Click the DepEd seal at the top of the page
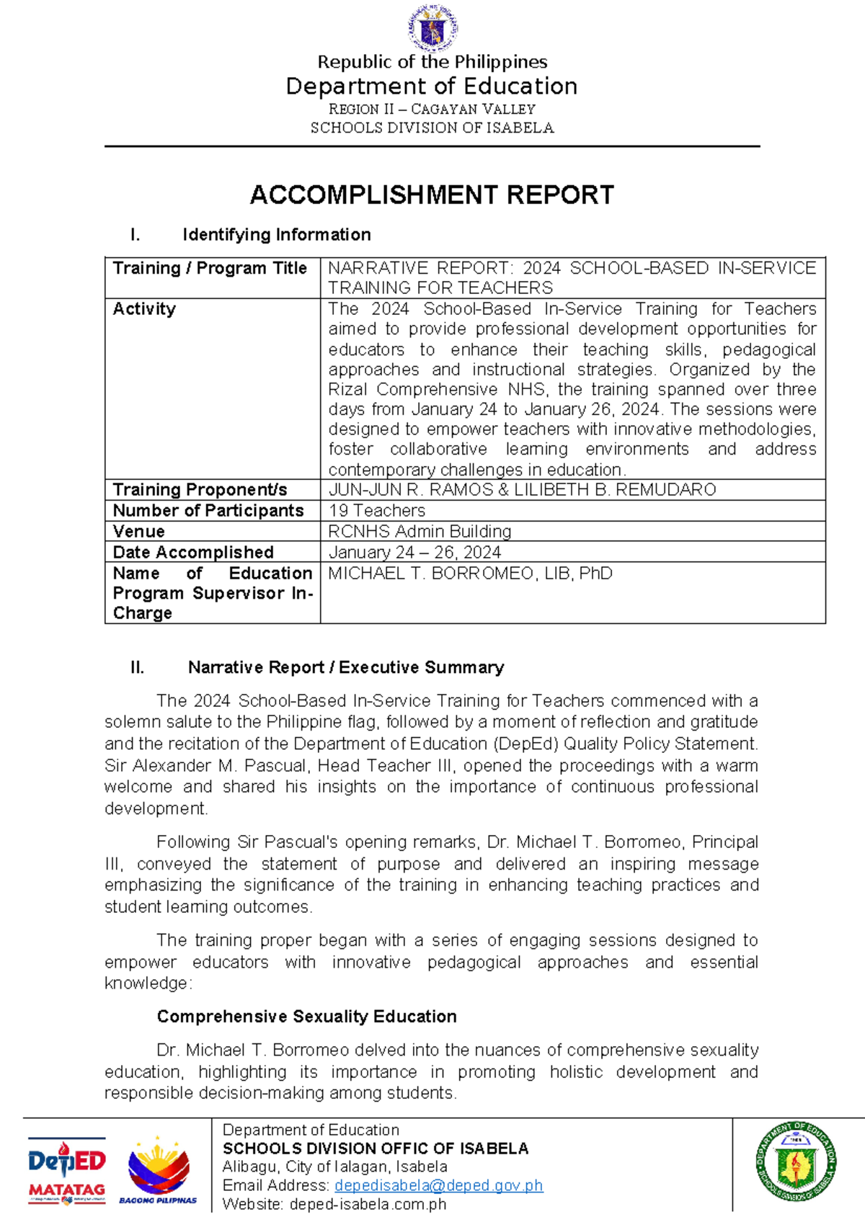click(x=432, y=28)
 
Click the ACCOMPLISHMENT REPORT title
click(x=432, y=195)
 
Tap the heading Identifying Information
click(x=276, y=235)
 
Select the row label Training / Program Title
click(x=210, y=268)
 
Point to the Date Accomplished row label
click(x=193, y=553)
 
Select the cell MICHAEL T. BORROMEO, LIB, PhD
click(x=470, y=574)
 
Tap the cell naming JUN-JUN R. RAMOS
click(x=522, y=490)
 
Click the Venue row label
click(x=139, y=532)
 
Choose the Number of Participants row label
click(x=208, y=511)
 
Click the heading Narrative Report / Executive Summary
click(x=345, y=668)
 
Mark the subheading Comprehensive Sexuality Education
click(x=306, y=1017)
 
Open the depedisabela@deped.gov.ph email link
click(x=438, y=1185)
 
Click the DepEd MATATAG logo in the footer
click(x=66, y=1171)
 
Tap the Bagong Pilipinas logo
click(x=159, y=1171)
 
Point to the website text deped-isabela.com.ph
click(x=368, y=1204)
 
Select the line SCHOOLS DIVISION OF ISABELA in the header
click(x=432, y=128)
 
